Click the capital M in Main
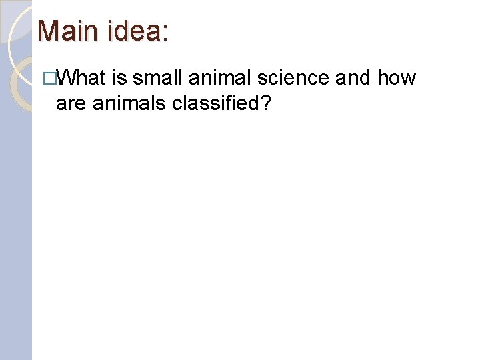tap(49, 31)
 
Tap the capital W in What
tap(67, 79)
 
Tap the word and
tap(353, 79)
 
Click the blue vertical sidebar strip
tap(16, 233)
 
